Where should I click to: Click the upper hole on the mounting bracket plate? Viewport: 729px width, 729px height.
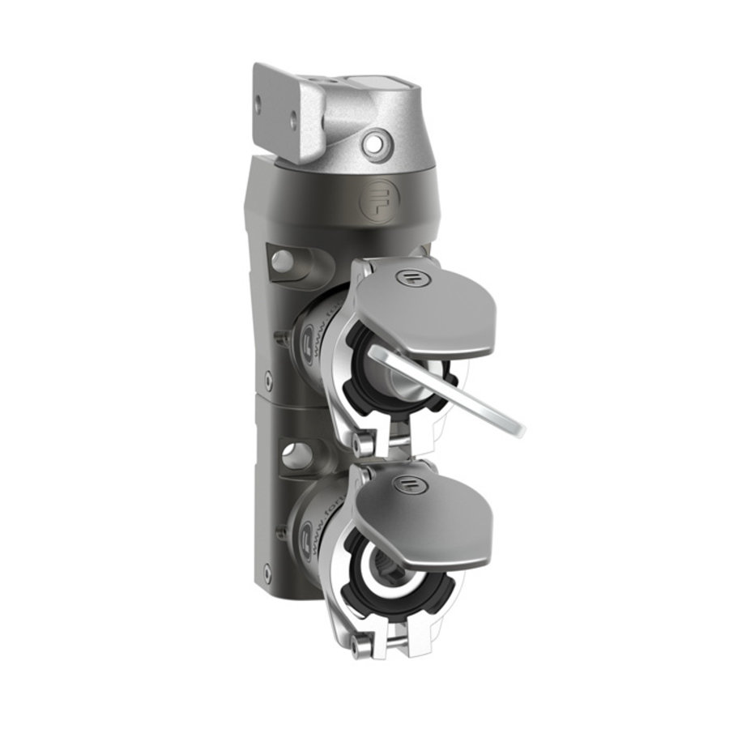tap(259, 104)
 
